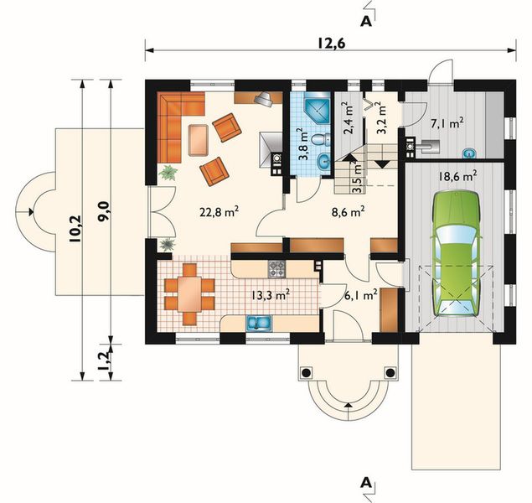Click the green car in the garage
[x=457, y=253]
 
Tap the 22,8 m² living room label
[x=220, y=213]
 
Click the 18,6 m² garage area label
[x=457, y=177]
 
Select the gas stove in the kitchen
[x=276, y=269]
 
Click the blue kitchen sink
[x=259, y=323]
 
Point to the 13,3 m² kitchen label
[x=271, y=295]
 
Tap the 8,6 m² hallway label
[x=349, y=212]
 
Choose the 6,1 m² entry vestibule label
[x=361, y=296]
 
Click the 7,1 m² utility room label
[x=447, y=123]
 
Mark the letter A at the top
[x=366, y=21]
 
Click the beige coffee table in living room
[x=199, y=140]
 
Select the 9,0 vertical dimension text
[x=104, y=211]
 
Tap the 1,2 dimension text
[x=106, y=361]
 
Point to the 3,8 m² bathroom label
[x=302, y=144]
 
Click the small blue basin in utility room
[x=469, y=153]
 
